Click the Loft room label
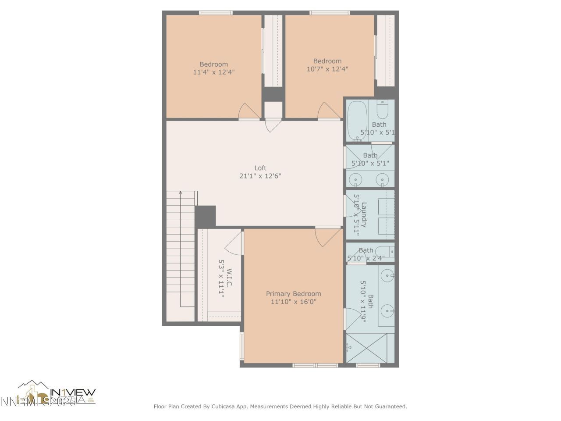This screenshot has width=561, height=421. click(260, 168)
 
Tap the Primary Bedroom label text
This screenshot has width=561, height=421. click(293, 294)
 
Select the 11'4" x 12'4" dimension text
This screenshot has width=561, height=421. click(213, 72)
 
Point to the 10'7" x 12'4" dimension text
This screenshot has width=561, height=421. click(327, 69)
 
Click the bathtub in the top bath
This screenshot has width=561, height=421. click(357, 121)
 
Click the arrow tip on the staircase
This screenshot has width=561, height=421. click(181, 193)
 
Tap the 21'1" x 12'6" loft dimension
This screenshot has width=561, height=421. click(260, 176)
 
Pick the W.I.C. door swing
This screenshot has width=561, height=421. click(235, 244)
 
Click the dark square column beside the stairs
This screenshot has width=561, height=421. click(205, 216)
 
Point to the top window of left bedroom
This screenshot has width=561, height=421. click(216, 13)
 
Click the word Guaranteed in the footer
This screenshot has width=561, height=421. click(391, 407)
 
